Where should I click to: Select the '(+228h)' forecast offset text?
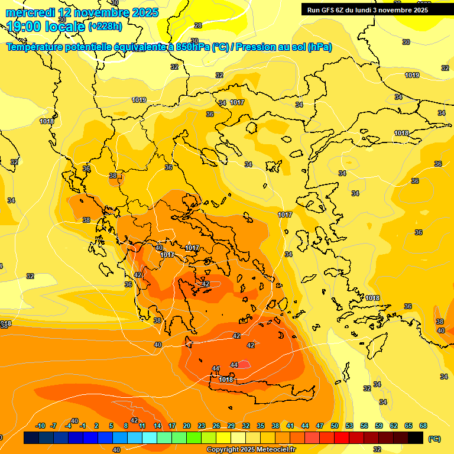pyautogui.click(x=106, y=27)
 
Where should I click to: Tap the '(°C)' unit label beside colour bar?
pyautogui.click(x=434, y=439)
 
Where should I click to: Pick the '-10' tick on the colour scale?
pyautogui.click(x=40, y=426)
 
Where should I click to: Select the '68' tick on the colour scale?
pyautogui.click(x=423, y=426)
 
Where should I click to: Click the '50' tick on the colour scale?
pyautogui.click(x=335, y=426)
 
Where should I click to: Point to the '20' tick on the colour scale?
pyautogui.click(x=187, y=426)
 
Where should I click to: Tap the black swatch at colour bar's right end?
pyautogui.click(x=416, y=438)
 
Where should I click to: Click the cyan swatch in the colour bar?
pyautogui.click(x=150, y=438)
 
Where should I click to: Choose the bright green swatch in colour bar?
pyautogui.click(x=194, y=438)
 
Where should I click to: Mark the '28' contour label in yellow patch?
pyautogui.click(x=198, y=25)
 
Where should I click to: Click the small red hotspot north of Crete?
pyautogui.click(x=245, y=365)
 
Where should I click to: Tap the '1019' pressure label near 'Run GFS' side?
pyautogui.click(x=412, y=75)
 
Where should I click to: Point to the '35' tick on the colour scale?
pyautogui.click(x=261, y=426)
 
